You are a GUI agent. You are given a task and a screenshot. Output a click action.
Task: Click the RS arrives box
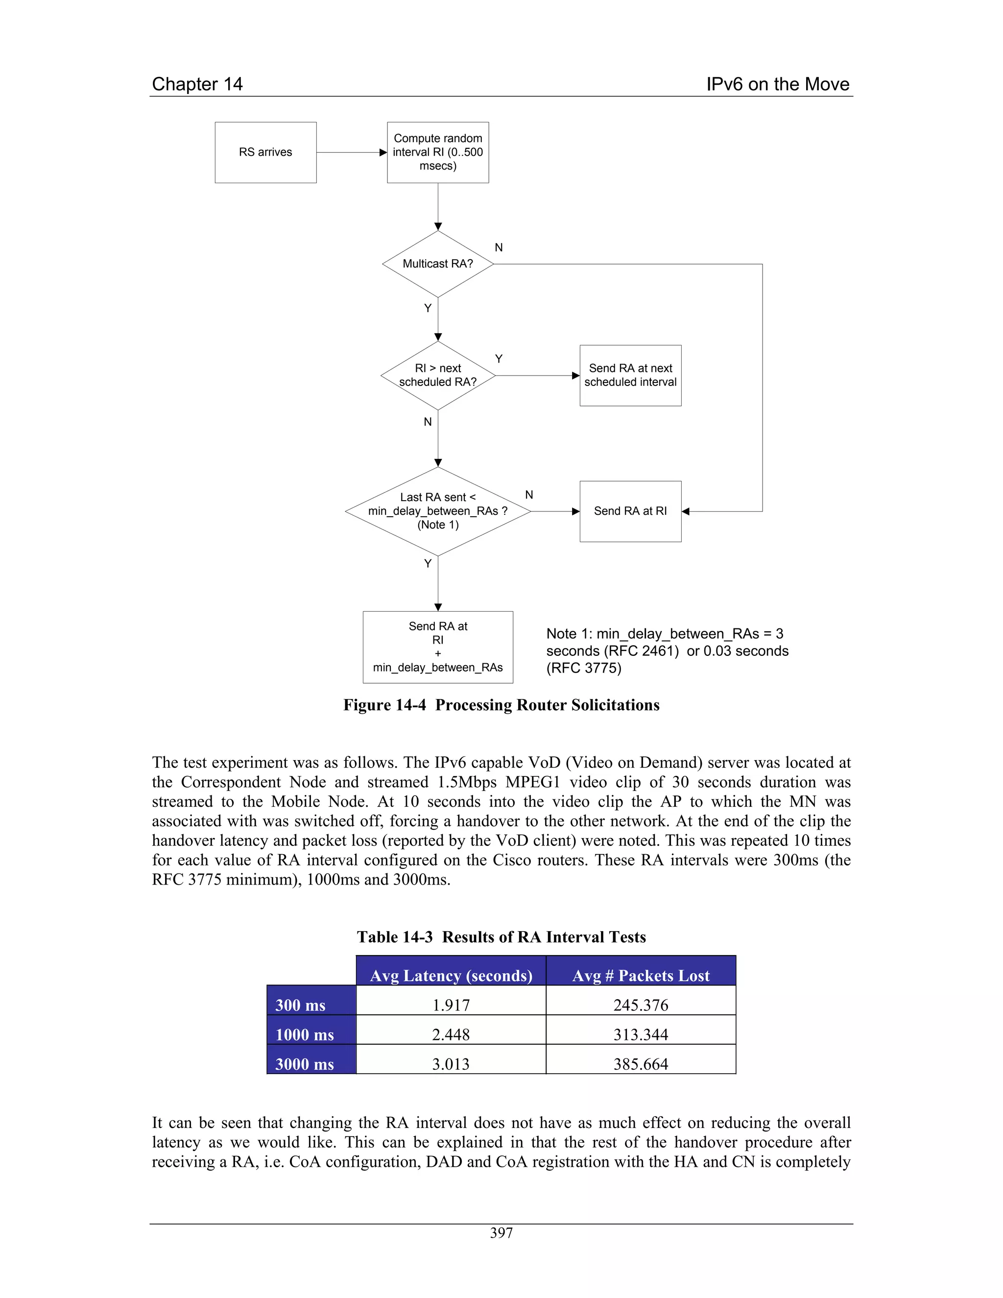click(x=265, y=152)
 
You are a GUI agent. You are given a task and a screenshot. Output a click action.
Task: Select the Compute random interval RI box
click(x=438, y=152)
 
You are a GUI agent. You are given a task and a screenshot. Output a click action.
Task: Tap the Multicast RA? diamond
click(x=438, y=264)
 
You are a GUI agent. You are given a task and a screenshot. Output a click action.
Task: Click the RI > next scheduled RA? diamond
click(x=438, y=376)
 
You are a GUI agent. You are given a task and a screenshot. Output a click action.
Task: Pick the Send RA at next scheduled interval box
click(x=630, y=376)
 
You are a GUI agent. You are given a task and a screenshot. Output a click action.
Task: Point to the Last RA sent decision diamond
click(x=438, y=511)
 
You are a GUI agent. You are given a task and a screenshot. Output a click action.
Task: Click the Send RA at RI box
click(x=630, y=511)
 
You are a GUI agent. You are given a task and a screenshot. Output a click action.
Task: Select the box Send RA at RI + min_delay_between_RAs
click(x=438, y=647)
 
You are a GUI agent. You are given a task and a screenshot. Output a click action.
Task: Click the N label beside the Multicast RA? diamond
click(x=499, y=248)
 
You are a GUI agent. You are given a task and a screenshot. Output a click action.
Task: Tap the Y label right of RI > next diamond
click(x=499, y=359)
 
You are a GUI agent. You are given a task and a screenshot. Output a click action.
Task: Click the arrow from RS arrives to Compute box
click(x=351, y=153)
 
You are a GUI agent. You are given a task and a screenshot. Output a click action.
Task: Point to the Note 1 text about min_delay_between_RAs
click(x=667, y=651)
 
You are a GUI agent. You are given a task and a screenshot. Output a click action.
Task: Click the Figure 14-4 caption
click(x=501, y=705)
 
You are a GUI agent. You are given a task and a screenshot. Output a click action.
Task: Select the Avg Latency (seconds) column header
click(x=451, y=976)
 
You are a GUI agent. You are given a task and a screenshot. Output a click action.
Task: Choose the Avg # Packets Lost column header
click(x=641, y=976)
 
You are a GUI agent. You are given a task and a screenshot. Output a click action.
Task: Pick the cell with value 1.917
click(x=451, y=1005)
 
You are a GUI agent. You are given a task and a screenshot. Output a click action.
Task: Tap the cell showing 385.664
click(x=641, y=1064)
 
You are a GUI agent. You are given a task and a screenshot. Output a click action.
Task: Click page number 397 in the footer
click(x=501, y=1233)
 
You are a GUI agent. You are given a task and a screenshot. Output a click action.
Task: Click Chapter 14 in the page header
click(x=197, y=84)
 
